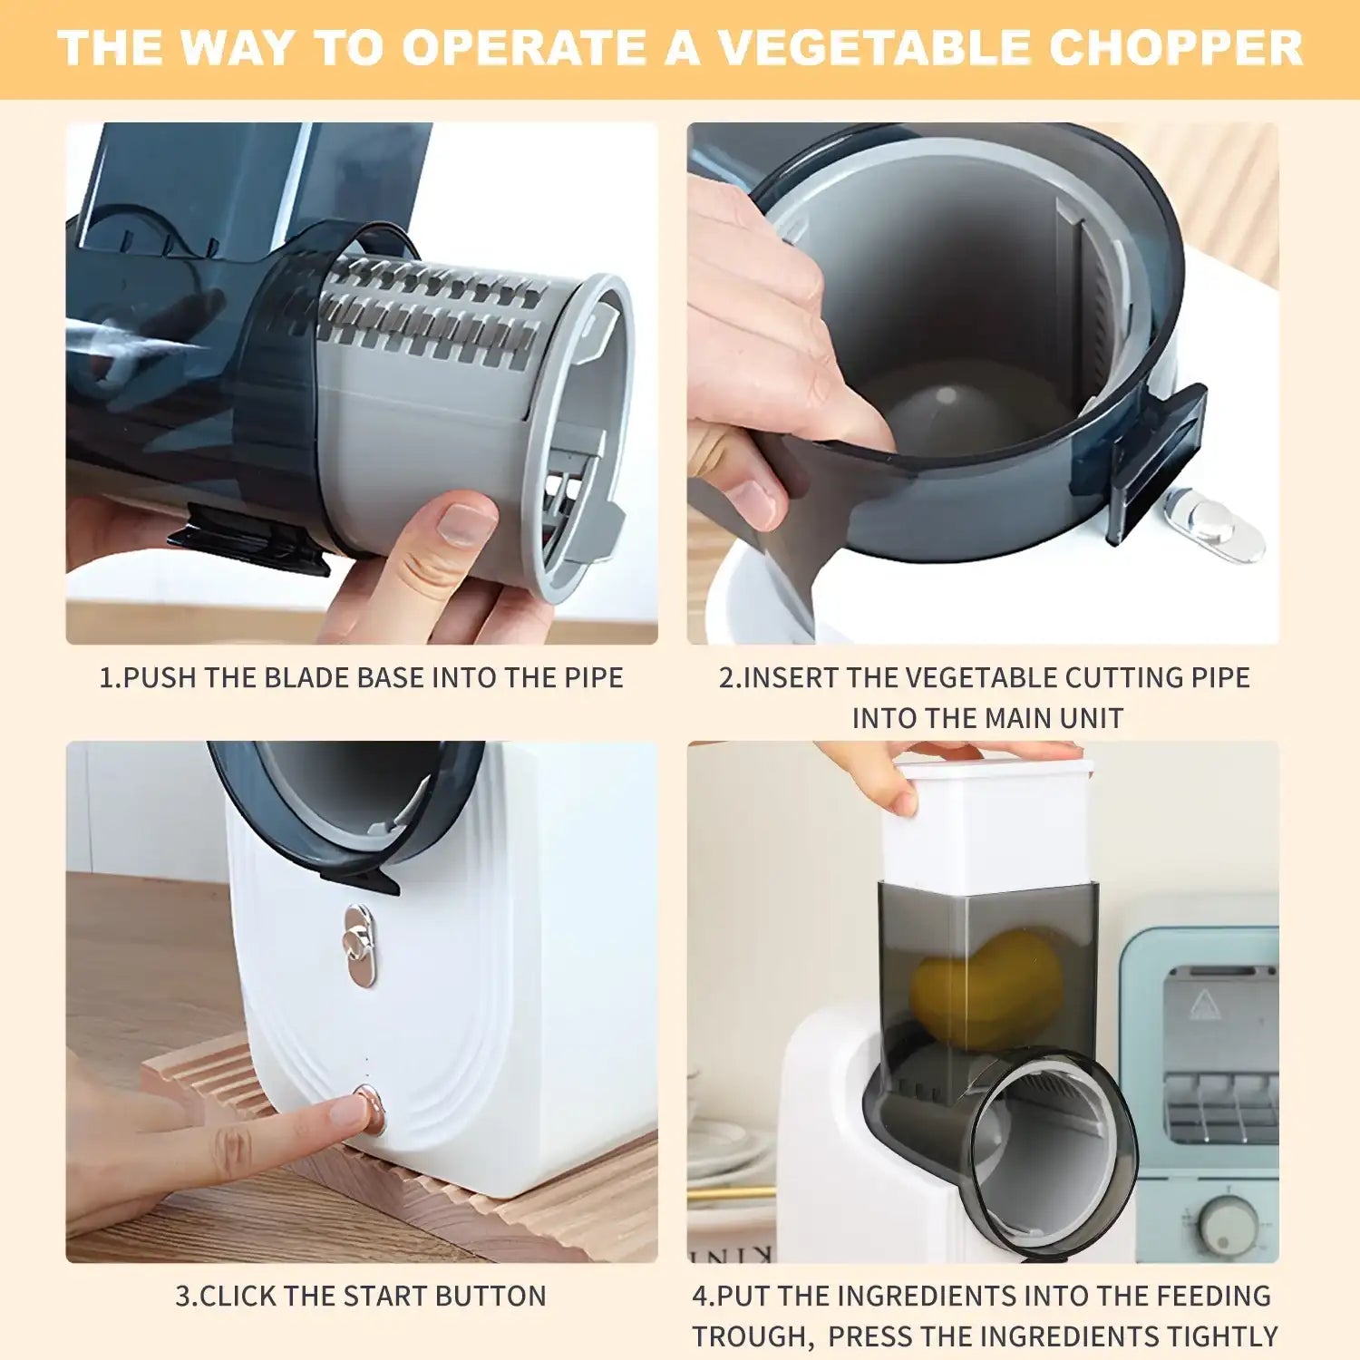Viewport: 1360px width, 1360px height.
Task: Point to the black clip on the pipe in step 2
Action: [x=1158, y=458]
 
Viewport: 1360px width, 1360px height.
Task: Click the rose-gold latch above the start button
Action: [x=360, y=946]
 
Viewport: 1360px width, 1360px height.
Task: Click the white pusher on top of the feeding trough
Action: [x=988, y=821]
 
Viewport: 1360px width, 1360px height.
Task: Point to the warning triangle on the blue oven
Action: [x=1202, y=1001]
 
